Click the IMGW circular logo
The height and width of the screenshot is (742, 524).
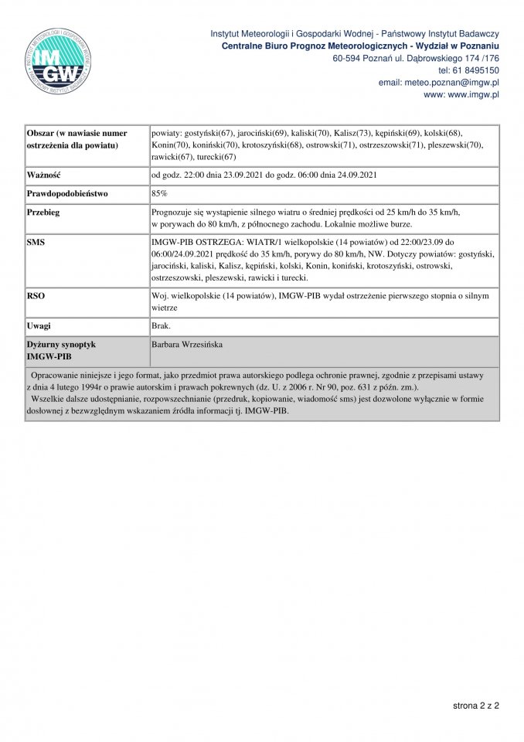tap(60, 64)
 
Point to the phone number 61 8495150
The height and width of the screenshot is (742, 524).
tap(475, 70)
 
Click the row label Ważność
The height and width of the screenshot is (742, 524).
tap(44, 175)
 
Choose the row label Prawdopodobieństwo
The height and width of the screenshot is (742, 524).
tap(64, 193)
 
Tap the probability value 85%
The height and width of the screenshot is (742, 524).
tap(160, 193)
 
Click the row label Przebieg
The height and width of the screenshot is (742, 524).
tap(44, 211)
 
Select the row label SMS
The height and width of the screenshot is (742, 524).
tap(36, 242)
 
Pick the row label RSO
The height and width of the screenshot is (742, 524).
tap(36, 295)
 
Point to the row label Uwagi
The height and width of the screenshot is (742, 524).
tap(39, 326)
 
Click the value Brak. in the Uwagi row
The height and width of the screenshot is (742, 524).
tap(162, 326)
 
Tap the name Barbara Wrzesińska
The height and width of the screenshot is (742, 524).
tap(189, 344)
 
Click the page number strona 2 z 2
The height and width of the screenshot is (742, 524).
tap(476, 706)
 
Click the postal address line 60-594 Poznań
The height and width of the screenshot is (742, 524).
tap(415, 58)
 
